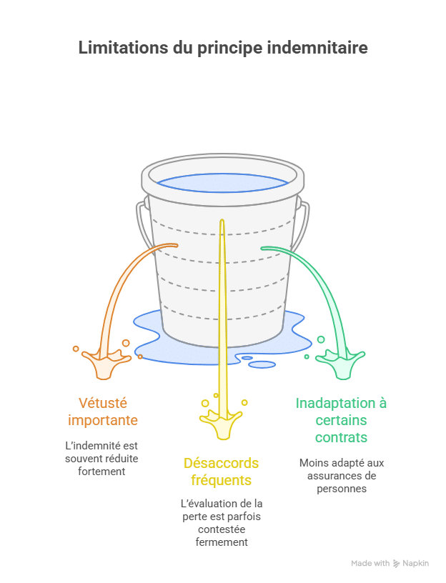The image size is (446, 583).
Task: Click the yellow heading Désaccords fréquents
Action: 222,472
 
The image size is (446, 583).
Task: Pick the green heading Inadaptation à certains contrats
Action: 341,419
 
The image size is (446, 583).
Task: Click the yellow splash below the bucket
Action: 222,426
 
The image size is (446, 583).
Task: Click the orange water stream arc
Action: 129,279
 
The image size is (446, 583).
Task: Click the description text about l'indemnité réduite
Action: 101,458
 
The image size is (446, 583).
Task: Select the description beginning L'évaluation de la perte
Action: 222,522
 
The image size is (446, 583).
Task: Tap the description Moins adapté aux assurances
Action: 341,475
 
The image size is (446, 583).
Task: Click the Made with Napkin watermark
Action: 390,564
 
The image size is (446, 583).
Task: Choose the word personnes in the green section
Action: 341,489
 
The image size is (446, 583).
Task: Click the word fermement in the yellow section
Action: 222,542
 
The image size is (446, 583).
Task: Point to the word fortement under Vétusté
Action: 101,472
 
